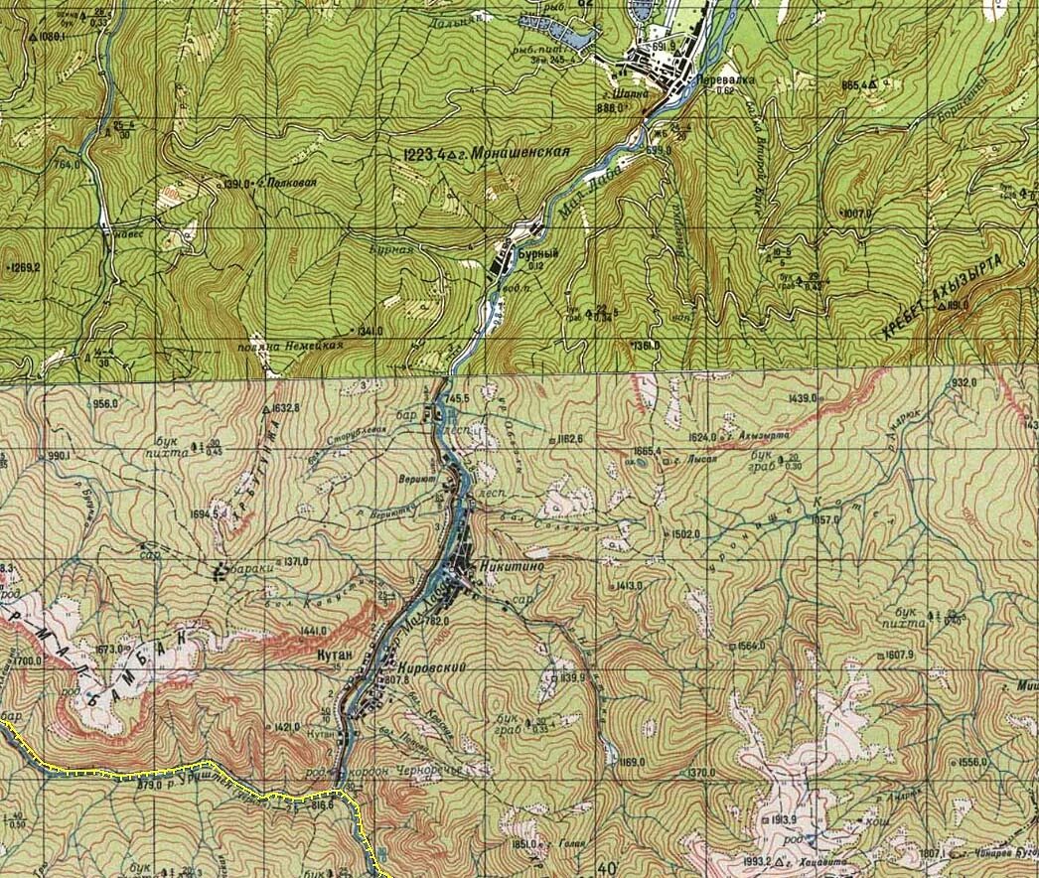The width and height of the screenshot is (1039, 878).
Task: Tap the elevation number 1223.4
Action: pos(423,154)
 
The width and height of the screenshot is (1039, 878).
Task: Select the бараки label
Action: pos(245,570)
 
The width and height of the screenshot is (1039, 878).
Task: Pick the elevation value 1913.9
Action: pos(786,819)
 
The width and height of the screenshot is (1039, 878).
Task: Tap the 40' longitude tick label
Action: pos(609,866)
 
